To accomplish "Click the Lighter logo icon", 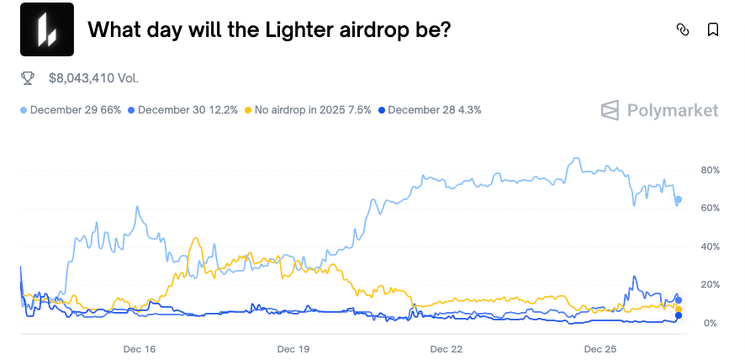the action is [x=47, y=29].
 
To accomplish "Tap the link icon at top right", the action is [x=682, y=29].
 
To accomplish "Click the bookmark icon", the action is [x=713, y=29].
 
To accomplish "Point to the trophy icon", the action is [x=28, y=78].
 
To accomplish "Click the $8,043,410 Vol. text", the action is [x=93, y=78].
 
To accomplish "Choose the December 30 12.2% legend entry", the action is [x=182, y=110].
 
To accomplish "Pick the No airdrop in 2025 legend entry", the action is [x=308, y=110].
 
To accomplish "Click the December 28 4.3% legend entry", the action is [x=430, y=110].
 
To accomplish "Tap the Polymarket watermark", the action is [x=659, y=110].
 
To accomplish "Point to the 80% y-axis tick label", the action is [x=711, y=170].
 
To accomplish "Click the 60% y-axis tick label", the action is [x=711, y=208].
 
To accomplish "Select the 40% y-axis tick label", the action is [x=711, y=246].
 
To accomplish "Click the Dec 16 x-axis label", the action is [x=140, y=349].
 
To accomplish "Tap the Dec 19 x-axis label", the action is [x=293, y=349].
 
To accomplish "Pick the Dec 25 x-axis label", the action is [x=600, y=349].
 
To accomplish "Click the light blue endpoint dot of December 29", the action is [x=679, y=199].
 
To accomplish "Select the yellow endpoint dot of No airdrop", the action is [x=679, y=310].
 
